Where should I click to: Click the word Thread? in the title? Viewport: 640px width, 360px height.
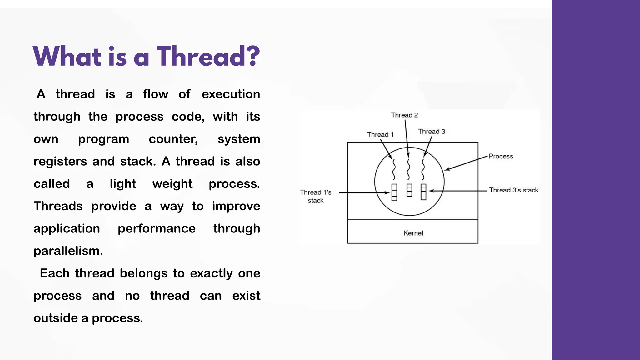[208, 56]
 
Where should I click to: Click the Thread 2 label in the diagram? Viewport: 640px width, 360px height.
[404, 115]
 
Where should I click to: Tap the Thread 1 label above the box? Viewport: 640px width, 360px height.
[380, 134]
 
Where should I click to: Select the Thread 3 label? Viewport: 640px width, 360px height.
[432, 132]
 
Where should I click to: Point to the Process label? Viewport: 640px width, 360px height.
[501, 156]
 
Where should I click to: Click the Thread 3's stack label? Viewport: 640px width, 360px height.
[513, 190]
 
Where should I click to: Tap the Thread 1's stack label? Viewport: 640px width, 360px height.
[315, 196]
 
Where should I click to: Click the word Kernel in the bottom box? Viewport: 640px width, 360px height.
[413, 233]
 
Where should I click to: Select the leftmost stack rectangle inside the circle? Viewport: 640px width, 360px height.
[394, 192]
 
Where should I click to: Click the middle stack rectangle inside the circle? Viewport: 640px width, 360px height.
[409, 190]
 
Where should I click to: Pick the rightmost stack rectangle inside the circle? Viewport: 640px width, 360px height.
[423, 192]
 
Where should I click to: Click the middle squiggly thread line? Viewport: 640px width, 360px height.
[408, 169]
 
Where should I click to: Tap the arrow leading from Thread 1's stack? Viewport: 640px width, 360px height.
[364, 193]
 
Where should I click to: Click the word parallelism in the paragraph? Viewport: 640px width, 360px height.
[67, 251]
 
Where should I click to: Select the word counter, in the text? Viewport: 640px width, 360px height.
[173, 139]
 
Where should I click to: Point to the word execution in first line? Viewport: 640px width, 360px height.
[231, 94]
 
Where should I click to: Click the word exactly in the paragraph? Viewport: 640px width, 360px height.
[211, 273]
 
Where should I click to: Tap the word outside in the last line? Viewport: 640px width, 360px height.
[56, 318]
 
